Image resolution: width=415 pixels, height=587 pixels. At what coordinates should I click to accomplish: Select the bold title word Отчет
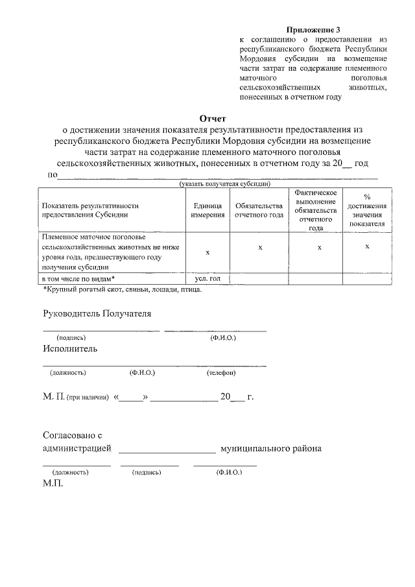pos(213,119)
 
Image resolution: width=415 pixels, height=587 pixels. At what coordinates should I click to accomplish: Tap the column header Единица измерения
pos(207,210)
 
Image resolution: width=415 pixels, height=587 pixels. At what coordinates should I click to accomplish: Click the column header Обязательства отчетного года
pos(259,210)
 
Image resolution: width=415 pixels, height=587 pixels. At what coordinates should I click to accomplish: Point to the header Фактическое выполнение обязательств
pos(315,210)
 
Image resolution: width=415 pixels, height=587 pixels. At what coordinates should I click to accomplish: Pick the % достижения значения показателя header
pos(367,210)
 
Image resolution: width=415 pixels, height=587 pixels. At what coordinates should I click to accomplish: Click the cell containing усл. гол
pos(207,278)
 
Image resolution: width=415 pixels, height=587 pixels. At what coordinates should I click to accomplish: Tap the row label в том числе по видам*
pos(78,278)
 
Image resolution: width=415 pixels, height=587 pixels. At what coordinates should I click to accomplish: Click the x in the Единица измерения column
pos(207,252)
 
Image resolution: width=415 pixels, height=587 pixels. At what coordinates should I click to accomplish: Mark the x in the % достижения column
pos(367,246)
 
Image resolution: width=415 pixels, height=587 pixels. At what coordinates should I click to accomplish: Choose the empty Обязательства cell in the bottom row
pos(259,279)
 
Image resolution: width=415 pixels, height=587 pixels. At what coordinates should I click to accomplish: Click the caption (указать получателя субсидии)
pos(225,184)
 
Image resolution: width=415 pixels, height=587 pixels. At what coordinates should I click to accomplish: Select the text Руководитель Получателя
pos(97,314)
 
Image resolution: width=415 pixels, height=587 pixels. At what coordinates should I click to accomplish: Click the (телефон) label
pos(221,373)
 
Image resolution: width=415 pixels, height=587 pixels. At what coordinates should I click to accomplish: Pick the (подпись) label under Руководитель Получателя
pos(71,338)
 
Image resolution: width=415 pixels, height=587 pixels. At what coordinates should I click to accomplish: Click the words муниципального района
pos(271,449)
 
